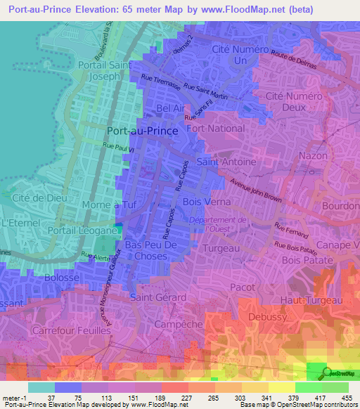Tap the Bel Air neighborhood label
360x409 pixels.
173,108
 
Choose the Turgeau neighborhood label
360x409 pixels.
222,248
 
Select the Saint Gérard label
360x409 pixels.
157,297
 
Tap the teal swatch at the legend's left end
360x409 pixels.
41,387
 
